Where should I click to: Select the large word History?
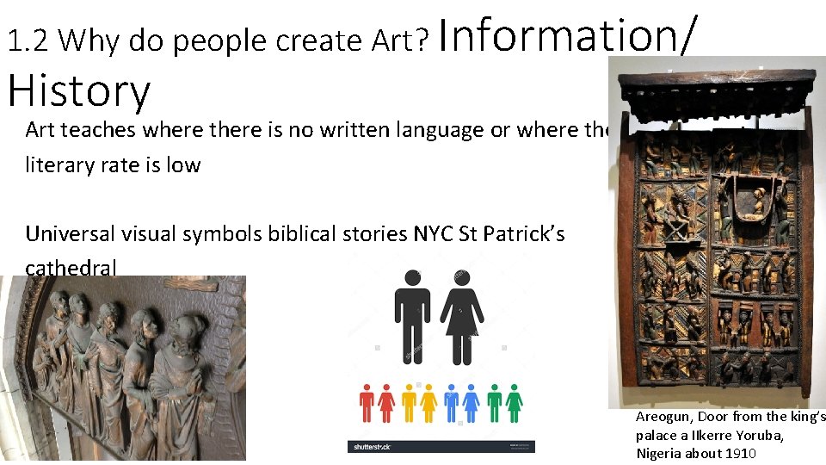[x=79, y=90]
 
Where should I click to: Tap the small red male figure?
[x=367, y=402]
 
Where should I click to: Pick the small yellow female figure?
[x=428, y=402]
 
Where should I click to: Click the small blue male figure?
[x=451, y=402]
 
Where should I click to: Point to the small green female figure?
[x=515, y=402]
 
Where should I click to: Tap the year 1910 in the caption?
[x=740, y=454]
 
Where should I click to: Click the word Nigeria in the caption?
[x=658, y=454]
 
